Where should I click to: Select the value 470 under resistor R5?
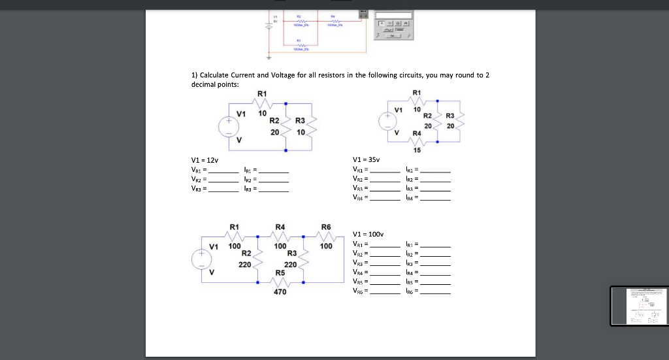[280, 292]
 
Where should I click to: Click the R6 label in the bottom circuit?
[327, 227]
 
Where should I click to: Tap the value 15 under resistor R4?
[417, 150]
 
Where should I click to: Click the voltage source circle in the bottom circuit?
[201, 259]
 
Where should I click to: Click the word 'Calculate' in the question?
[215, 76]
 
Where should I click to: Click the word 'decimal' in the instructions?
[206, 84]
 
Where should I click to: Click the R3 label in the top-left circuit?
[301, 121]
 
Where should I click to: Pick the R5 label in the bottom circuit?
[280, 272]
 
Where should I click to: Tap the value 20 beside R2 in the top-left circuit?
[275, 132]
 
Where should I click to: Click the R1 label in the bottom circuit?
[234, 227]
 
